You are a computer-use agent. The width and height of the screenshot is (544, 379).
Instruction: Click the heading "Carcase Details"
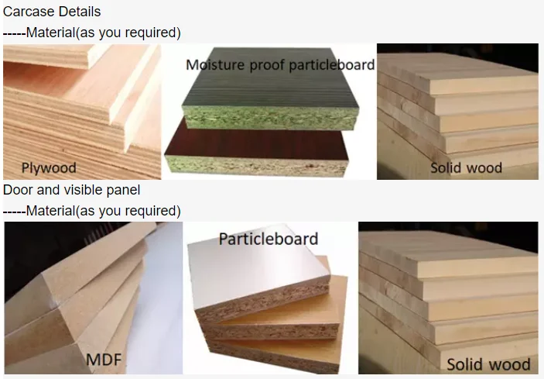(x=52, y=12)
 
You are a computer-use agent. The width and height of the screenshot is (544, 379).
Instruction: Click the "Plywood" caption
(x=48, y=168)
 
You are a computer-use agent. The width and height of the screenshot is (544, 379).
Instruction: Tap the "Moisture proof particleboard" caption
(x=280, y=64)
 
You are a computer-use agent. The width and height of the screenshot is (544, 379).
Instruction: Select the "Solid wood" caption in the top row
(x=466, y=167)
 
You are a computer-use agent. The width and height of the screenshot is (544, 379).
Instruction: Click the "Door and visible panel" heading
(x=72, y=190)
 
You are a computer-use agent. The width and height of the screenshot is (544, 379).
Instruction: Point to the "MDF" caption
(x=104, y=359)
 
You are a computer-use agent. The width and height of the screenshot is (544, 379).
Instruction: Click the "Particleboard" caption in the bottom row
(x=268, y=239)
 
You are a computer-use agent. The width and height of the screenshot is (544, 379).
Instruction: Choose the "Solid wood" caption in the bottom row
(x=488, y=363)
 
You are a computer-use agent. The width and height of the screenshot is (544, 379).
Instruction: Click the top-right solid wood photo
(x=457, y=101)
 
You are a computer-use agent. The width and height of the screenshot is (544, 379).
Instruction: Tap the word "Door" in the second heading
(x=17, y=190)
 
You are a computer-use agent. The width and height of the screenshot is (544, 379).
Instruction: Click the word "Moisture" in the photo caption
(x=215, y=64)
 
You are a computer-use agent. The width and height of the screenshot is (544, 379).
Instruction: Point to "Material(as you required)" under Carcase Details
(x=103, y=33)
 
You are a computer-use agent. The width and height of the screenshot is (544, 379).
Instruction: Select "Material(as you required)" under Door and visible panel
(x=103, y=211)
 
